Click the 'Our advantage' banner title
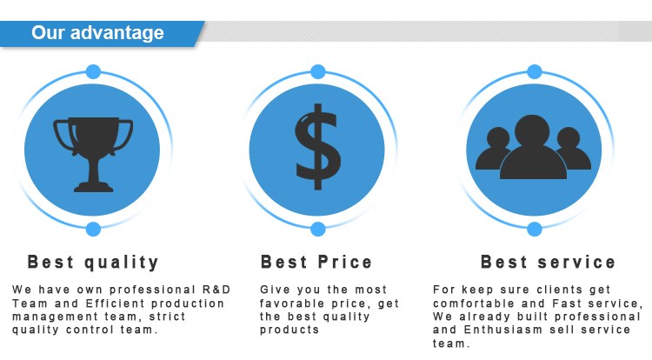click(x=97, y=32)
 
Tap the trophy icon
click(x=93, y=154)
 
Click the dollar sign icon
click(x=317, y=147)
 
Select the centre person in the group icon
click(x=533, y=147)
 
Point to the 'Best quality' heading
click(x=93, y=263)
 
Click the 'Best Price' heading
click(x=316, y=263)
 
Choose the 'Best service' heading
click(x=548, y=263)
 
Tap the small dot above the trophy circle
click(x=93, y=71)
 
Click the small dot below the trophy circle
click(x=93, y=229)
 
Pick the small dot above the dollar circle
click(x=318, y=71)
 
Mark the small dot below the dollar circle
click(x=318, y=229)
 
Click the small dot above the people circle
click(x=535, y=71)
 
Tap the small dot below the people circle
click(x=535, y=229)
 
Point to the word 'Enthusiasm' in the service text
click(x=503, y=330)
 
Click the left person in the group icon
click(x=494, y=149)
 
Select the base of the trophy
click(x=94, y=187)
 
